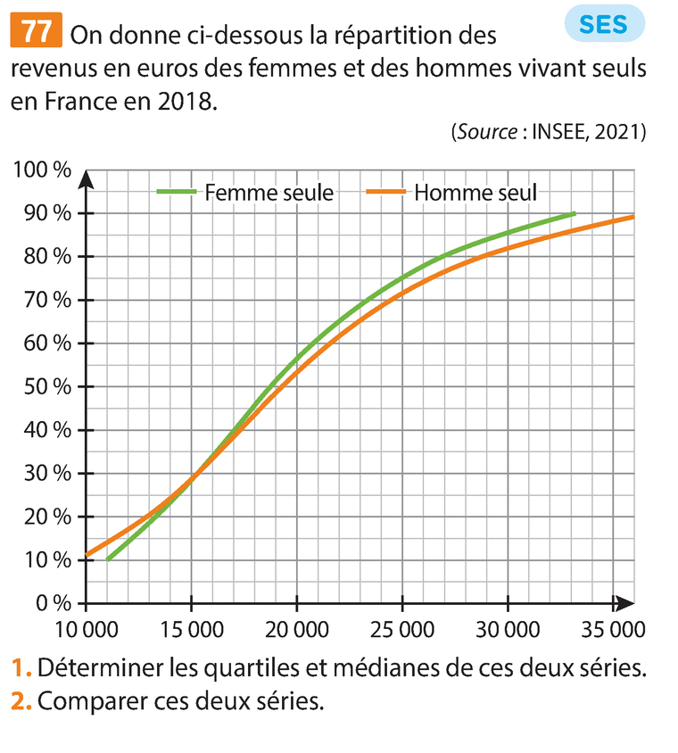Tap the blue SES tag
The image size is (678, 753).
604,24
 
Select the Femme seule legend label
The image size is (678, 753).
269,192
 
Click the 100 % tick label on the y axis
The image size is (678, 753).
41,170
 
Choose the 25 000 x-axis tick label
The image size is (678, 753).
401,631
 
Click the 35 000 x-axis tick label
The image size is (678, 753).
610,631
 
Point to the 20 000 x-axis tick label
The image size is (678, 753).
296,631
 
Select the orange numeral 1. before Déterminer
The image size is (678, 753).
21,667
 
